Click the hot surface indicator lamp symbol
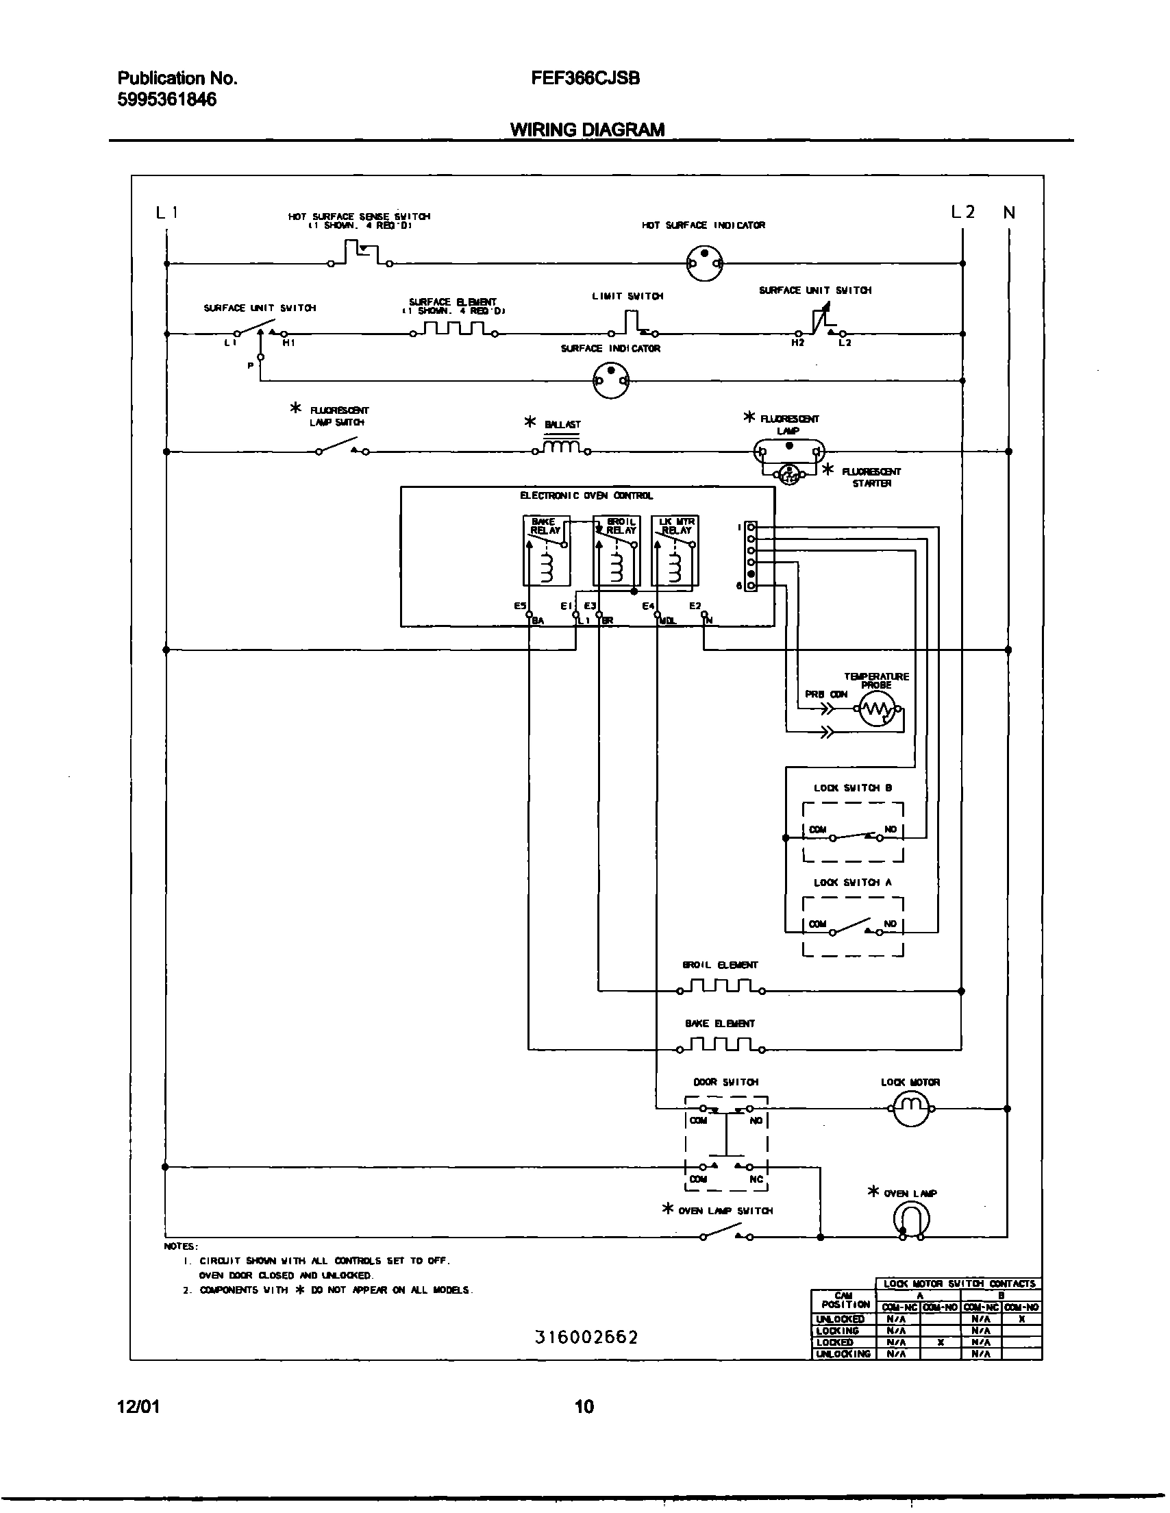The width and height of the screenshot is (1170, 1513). point(704,263)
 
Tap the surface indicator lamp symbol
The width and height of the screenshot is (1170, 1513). point(611,380)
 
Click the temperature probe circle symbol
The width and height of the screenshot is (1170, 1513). point(877,709)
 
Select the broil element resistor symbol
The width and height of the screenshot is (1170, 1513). point(721,987)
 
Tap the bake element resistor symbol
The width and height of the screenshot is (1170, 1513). point(721,1046)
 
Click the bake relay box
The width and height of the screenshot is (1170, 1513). point(547,551)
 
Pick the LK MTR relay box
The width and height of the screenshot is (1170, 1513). point(675,551)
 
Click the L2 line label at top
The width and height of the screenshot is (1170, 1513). point(962,212)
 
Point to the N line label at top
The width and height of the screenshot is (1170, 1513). point(1009,212)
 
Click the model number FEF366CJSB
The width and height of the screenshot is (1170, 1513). point(586,78)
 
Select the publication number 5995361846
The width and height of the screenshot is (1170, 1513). point(167,100)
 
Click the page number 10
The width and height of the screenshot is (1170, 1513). point(584,1407)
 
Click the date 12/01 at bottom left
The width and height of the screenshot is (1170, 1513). point(138,1407)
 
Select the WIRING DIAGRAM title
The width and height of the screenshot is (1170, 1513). point(588,130)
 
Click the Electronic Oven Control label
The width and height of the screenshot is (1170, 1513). point(586,496)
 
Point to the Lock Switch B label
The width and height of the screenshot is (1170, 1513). point(853,787)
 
